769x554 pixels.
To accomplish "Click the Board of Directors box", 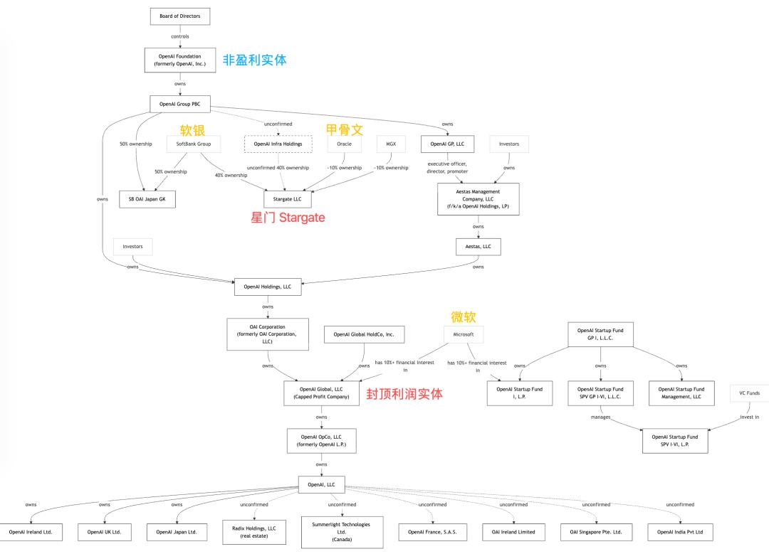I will tap(180, 16).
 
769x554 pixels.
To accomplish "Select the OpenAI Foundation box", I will tap(179, 60).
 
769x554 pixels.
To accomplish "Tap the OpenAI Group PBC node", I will tap(179, 104).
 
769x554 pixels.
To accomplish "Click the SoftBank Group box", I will tap(194, 144).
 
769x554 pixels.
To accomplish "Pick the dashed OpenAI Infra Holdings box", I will tap(278, 144).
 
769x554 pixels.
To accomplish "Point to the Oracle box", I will tap(344, 144).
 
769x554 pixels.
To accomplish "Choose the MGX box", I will tap(391, 144).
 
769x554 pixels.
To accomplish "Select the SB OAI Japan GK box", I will tap(147, 199).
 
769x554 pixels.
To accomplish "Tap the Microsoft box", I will tap(459, 334).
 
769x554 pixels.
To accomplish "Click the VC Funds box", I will tap(749, 393).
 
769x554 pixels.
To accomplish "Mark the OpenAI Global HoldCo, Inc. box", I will tap(364, 334).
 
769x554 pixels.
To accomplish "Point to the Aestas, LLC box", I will tap(478, 246).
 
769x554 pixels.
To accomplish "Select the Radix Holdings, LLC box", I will tap(254, 532).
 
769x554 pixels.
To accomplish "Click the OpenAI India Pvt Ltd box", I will tap(679, 532).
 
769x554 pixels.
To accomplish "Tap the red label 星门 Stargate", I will tap(288, 218).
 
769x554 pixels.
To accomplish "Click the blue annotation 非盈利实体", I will tap(255, 60).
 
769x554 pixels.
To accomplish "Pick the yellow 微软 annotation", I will tap(462, 316).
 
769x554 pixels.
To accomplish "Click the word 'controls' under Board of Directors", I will tap(179, 36).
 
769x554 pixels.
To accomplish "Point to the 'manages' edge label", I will tap(600, 417).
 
